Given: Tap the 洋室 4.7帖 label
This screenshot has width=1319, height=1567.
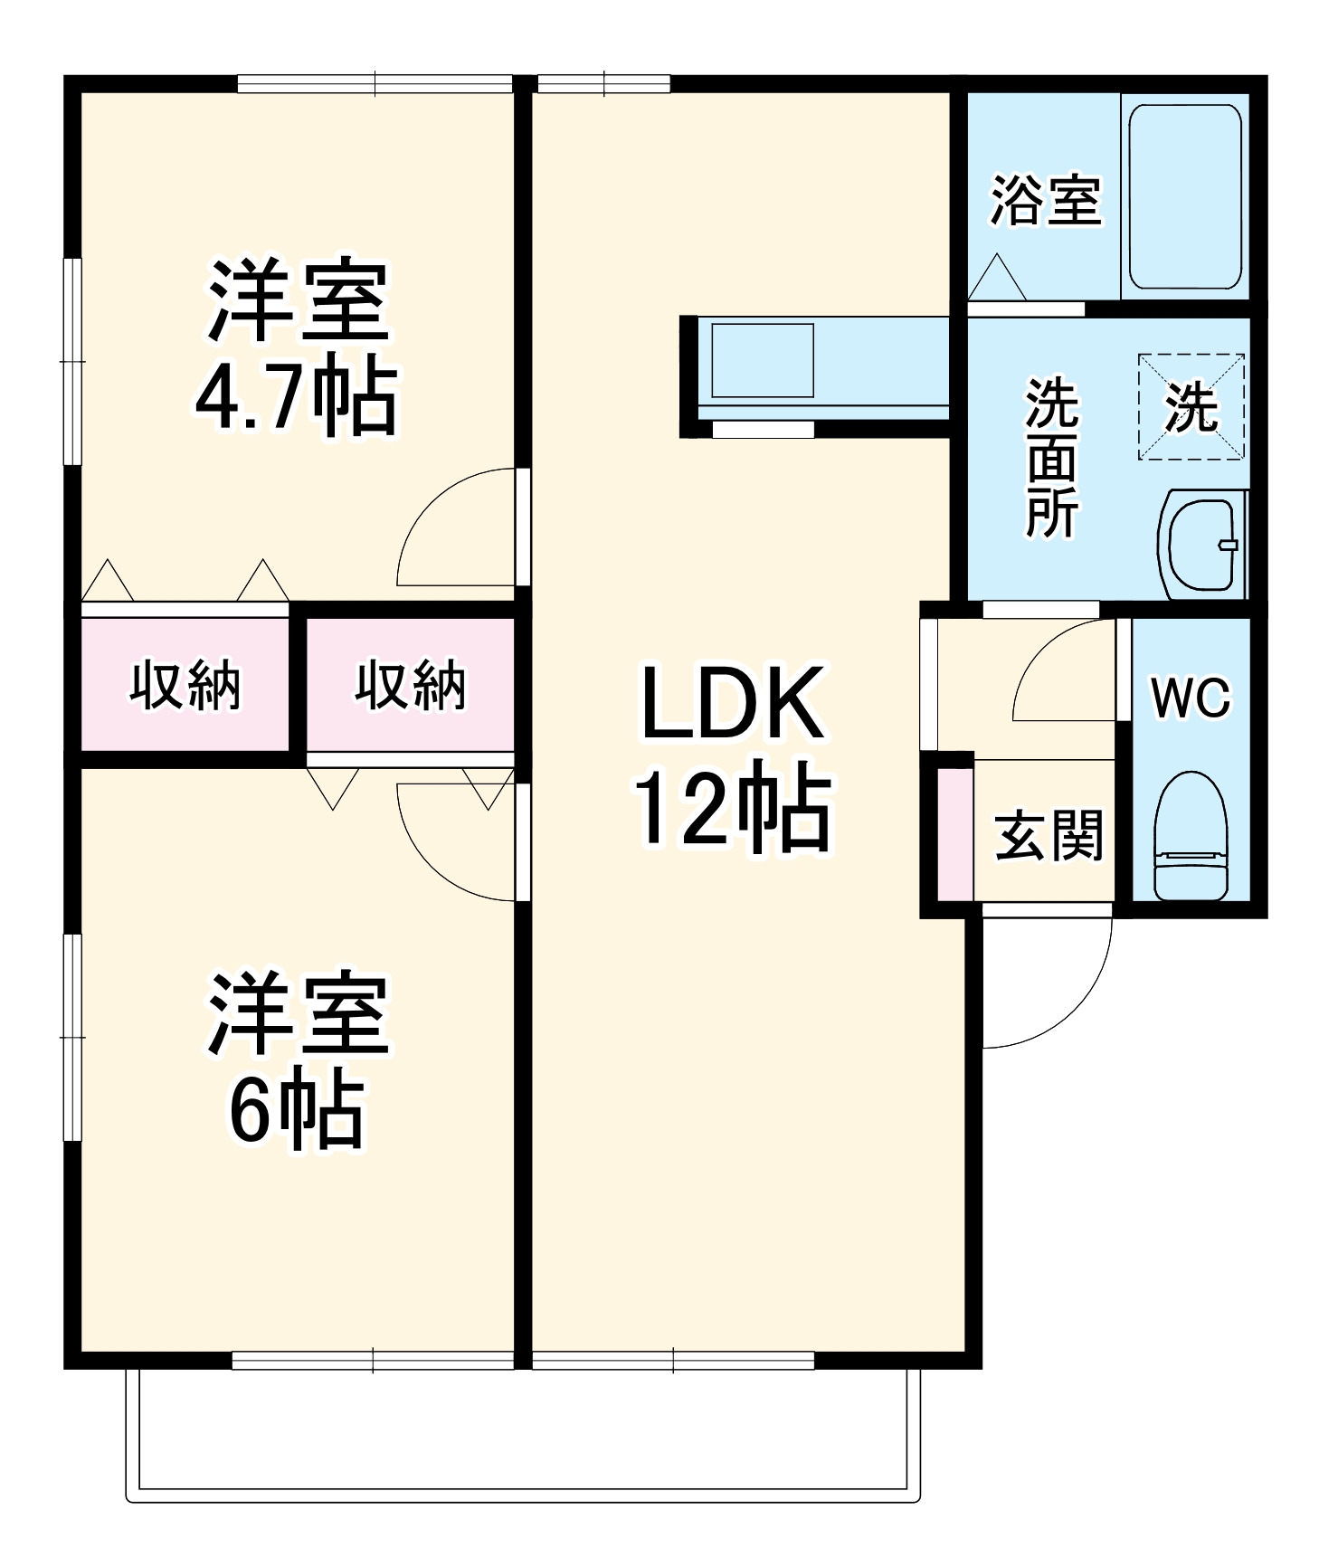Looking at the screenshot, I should tap(297, 347).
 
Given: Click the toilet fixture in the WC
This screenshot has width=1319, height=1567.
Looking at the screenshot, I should tap(1191, 836).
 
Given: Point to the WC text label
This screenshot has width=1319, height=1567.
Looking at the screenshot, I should tap(1191, 698).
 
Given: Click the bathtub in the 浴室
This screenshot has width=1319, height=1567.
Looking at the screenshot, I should tap(1185, 196).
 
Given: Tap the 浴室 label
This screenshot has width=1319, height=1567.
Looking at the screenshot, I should tap(1046, 200).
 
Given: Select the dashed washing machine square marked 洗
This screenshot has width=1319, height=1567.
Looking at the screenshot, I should tap(1191, 407).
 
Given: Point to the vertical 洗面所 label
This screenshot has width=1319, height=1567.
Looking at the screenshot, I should tap(1051, 458).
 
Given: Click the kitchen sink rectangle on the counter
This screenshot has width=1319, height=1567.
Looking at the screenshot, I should tap(762, 360).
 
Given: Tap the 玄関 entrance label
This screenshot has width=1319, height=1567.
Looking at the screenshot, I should tap(1049, 835).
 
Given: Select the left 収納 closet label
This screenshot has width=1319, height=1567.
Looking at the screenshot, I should tap(185, 685).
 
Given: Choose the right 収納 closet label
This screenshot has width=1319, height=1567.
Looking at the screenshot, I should tap(410, 685).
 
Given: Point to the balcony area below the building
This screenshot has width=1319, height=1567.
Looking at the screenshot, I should tap(522, 1429).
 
